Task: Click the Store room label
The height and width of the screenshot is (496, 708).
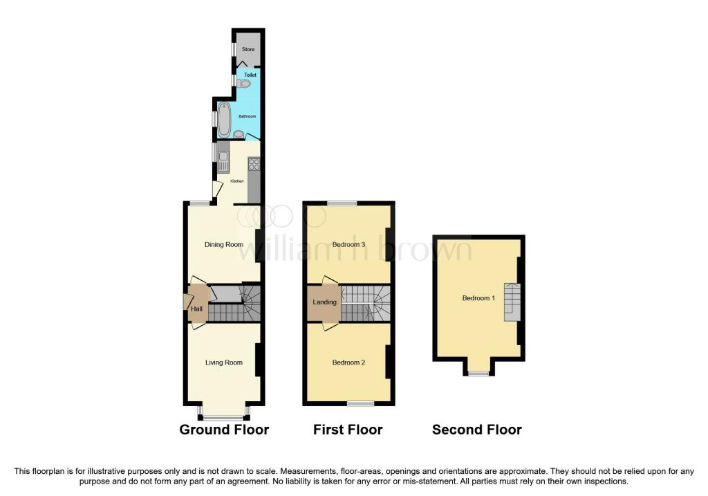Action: (x=248, y=49)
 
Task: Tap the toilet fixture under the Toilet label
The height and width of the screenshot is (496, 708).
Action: (x=243, y=84)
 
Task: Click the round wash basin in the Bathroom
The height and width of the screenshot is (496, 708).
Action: (x=239, y=134)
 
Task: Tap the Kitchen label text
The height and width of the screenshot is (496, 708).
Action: (x=237, y=181)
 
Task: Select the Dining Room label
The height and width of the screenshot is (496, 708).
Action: (x=224, y=244)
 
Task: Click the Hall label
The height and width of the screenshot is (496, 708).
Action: (x=196, y=309)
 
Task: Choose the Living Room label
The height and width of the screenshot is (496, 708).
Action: (x=224, y=362)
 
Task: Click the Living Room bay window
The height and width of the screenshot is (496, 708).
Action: (x=223, y=416)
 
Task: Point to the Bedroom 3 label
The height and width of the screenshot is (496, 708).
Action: (x=348, y=244)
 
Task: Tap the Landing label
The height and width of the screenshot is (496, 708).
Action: (x=325, y=302)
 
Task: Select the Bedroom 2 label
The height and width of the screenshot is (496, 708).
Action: (x=348, y=362)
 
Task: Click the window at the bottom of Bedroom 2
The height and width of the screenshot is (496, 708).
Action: (x=360, y=403)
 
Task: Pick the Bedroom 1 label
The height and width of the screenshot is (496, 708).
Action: (x=478, y=298)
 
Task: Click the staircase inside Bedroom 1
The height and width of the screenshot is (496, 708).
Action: (x=512, y=302)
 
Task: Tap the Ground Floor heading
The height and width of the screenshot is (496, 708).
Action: (x=224, y=430)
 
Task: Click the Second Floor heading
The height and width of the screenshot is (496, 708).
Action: (x=477, y=430)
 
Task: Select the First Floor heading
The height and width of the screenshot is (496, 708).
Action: (x=348, y=430)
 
